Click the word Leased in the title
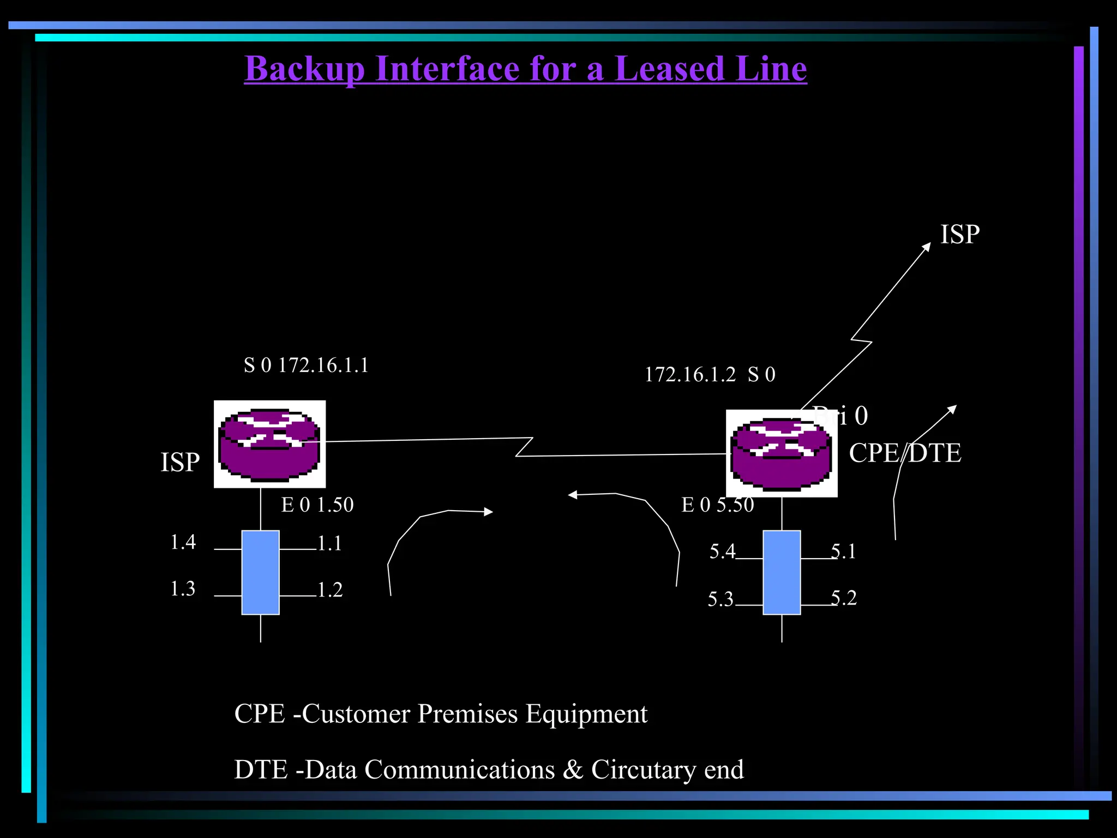[669, 69]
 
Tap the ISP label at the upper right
[960, 235]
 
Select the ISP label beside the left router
[180, 463]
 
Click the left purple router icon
[269, 444]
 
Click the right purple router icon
[782, 453]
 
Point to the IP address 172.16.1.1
[323, 365]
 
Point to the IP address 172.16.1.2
[690, 375]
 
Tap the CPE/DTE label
[905, 453]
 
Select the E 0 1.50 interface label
[317, 505]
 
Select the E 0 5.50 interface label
[718, 505]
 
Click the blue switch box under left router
[261, 572]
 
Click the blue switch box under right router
[782, 572]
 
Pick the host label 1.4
[183, 542]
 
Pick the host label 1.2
[330, 590]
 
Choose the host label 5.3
[720, 600]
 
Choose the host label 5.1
[844, 552]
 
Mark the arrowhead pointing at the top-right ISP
[927, 247]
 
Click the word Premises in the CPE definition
[467, 714]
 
